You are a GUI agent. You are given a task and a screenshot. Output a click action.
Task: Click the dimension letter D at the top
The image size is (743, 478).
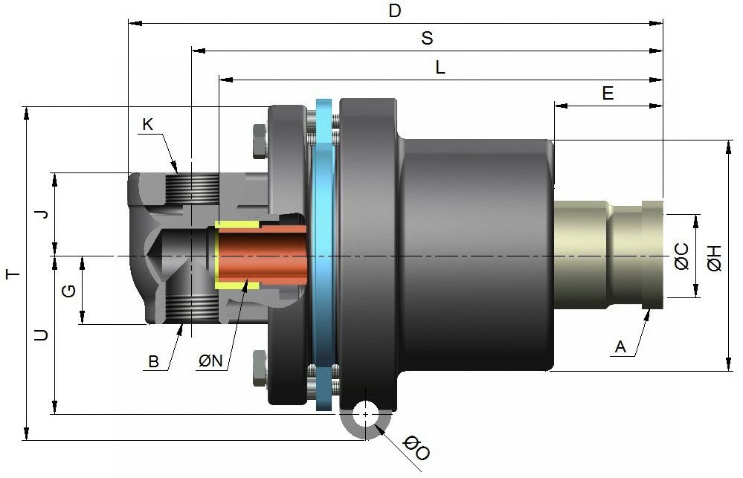click(x=395, y=10)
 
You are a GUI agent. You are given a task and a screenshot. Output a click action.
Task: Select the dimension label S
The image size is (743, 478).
click(x=427, y=39)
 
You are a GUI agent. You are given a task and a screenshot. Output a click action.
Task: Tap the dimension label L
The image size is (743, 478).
click(x=440, y=68)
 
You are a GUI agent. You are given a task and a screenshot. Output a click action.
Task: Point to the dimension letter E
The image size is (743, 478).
click(x=608, y=94)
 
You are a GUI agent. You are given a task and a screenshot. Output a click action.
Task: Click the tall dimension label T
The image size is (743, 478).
click(x=12, y=274)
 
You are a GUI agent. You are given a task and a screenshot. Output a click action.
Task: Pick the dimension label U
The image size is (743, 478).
click(x=42, y=335)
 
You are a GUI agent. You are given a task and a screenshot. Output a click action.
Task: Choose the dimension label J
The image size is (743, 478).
click(x=42, y=214)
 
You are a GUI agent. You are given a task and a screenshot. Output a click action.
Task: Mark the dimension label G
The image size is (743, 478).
click(x=68, y=291)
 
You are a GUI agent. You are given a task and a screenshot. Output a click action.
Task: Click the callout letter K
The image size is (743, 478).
click(x=147, y=125)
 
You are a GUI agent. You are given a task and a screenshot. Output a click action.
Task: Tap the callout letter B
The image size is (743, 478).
click(x=153, y=362)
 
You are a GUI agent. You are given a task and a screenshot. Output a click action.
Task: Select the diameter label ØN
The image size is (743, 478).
click(x=210, y=361)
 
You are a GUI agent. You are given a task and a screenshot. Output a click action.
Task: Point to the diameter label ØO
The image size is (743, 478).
click(x=416, y=449)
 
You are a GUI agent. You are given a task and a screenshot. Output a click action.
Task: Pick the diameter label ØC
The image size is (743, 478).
click(x=681, y=256)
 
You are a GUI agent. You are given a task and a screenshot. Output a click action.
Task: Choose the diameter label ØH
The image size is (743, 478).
click(x=714, y=256)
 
